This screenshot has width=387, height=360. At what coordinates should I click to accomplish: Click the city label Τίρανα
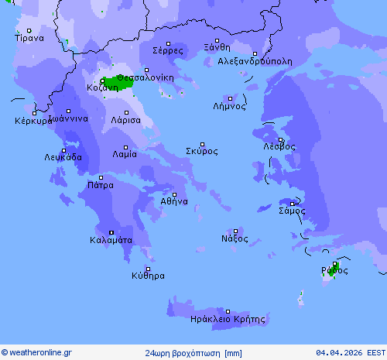(29, 37)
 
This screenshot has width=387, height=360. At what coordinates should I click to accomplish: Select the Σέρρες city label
(168, 50)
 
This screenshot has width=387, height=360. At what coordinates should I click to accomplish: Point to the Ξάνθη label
(217, 47)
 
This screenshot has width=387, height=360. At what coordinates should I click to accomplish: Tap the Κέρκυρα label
(32, 121)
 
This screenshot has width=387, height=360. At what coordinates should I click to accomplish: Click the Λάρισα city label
(125, 120)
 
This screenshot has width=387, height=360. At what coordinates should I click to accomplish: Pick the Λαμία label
(125, 153)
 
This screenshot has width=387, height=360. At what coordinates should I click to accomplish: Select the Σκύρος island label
(201, 151)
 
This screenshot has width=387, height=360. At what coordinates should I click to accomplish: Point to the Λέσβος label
(279, 146)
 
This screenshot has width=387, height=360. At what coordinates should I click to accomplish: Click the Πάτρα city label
(101, 185)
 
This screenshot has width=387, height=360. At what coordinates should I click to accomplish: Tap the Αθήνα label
(174, 201)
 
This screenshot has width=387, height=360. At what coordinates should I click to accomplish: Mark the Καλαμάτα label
(111, 240)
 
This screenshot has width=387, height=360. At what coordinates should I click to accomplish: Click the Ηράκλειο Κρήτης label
(228, 319)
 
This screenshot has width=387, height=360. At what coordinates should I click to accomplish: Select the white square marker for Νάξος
(235, 231)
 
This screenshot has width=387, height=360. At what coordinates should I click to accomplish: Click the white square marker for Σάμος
(292, 204)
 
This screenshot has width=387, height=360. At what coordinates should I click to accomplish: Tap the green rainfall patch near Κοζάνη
(119, 81)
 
